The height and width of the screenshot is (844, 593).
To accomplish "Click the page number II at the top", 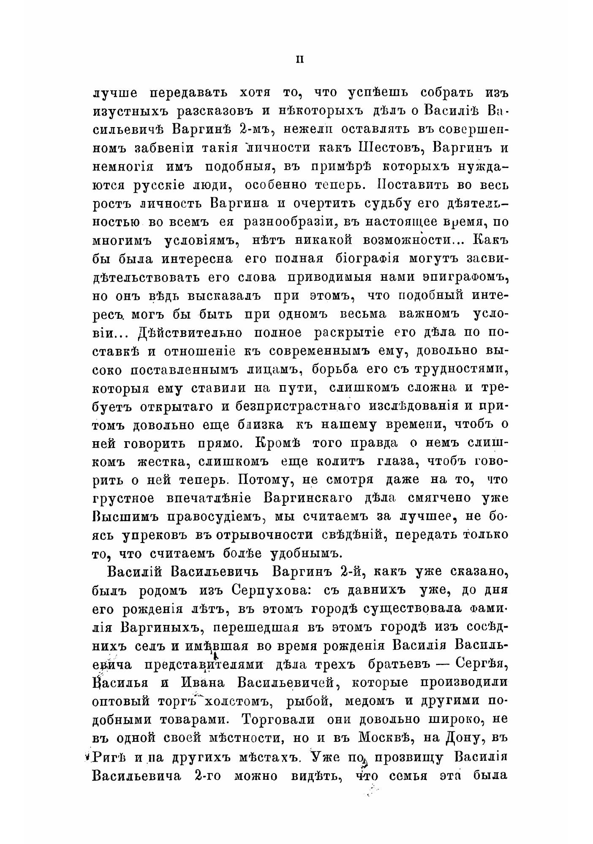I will (300, 60).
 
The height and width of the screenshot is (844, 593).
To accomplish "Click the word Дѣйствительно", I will (190, 333).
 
